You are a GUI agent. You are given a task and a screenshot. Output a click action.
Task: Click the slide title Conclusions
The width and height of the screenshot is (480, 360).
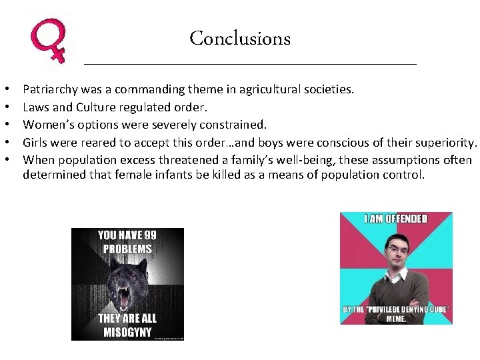pyautogui.click(x=240, y=38)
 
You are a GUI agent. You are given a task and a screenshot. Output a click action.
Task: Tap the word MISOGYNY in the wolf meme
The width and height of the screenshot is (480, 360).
pyautogui.click(x=127, y=332)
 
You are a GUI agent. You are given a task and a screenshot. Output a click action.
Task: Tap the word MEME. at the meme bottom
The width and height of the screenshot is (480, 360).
pyautogui.click(x=396, y=319)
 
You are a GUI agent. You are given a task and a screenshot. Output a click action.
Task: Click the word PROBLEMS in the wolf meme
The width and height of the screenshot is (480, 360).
pyautogui.click(x=127, y=249)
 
